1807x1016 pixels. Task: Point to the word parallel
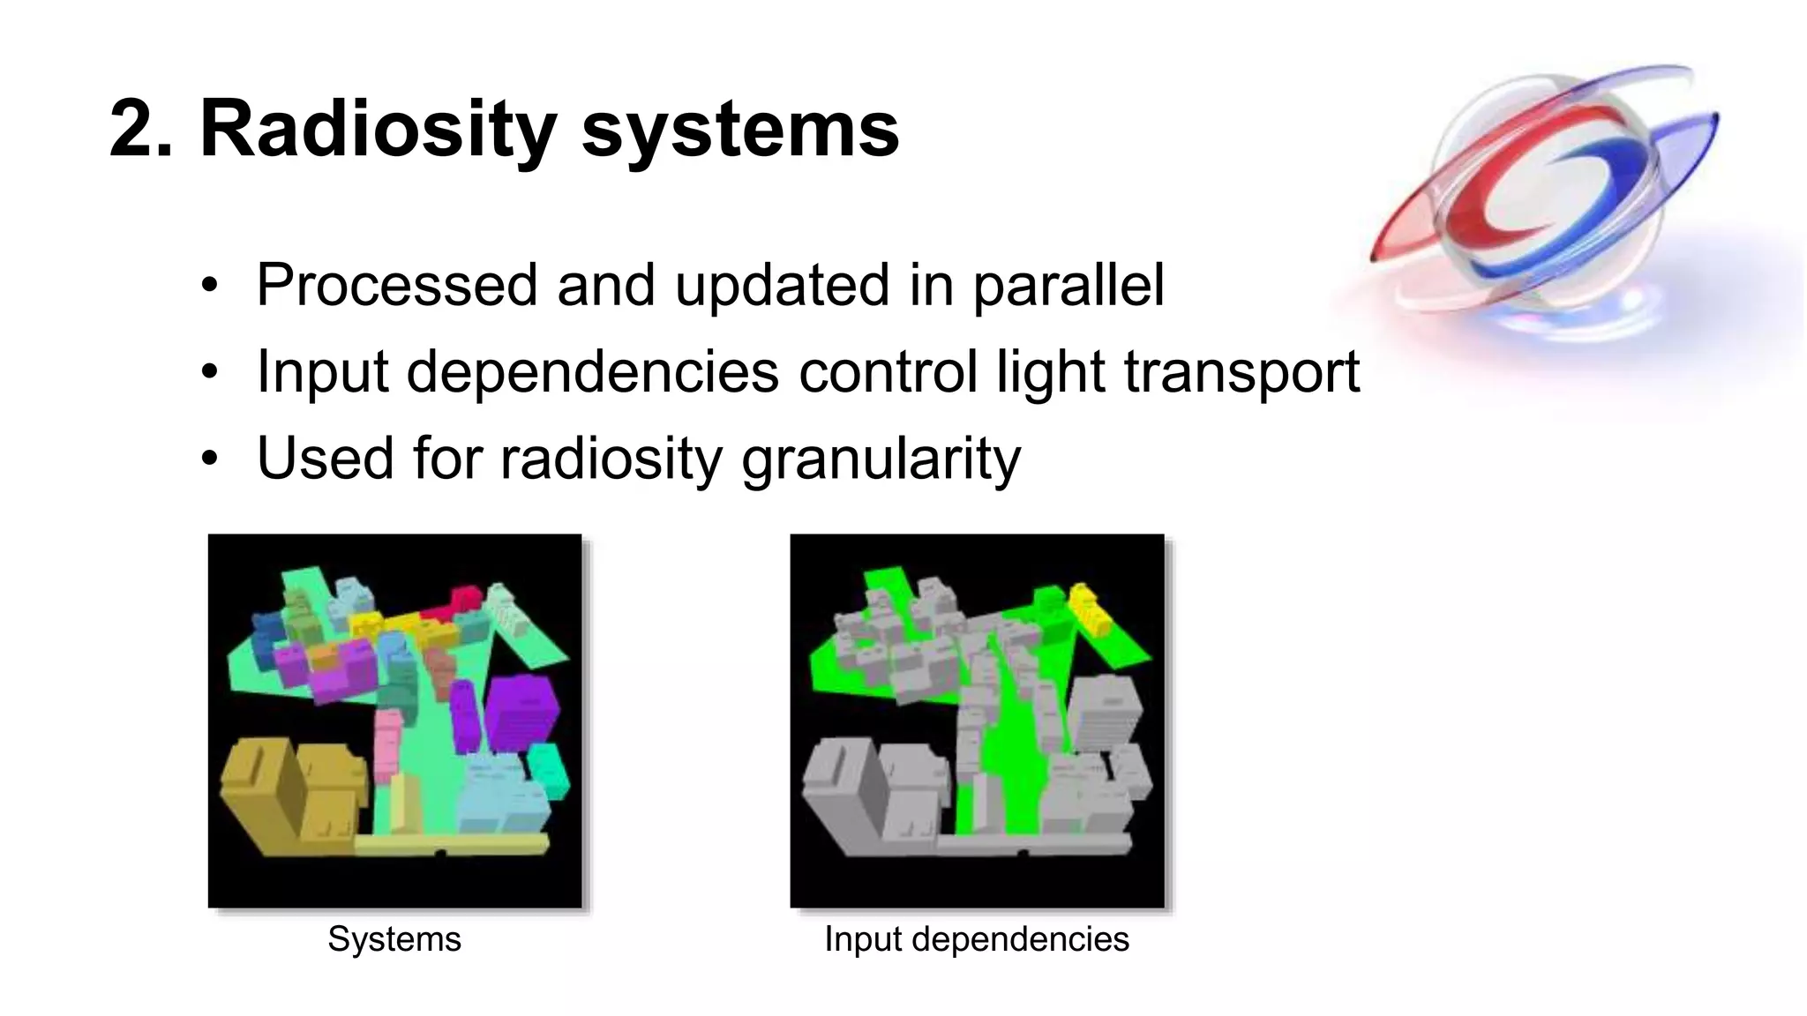tap(1068, 286)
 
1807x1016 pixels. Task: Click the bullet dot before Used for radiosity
tap(209, 459)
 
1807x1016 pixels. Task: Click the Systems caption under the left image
tap(394, 939)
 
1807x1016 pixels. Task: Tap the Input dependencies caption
tap(976, 939)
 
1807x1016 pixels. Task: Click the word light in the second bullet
tap(1050, 372)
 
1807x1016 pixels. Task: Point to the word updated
tap(781, 286)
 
